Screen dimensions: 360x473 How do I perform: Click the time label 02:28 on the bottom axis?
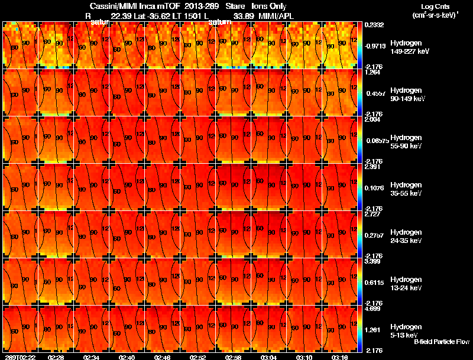56,358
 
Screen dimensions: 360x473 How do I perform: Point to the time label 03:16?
340,358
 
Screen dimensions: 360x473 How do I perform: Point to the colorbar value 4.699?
372,309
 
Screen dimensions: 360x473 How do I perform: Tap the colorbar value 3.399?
372,261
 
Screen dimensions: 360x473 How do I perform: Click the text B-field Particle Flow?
442,342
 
